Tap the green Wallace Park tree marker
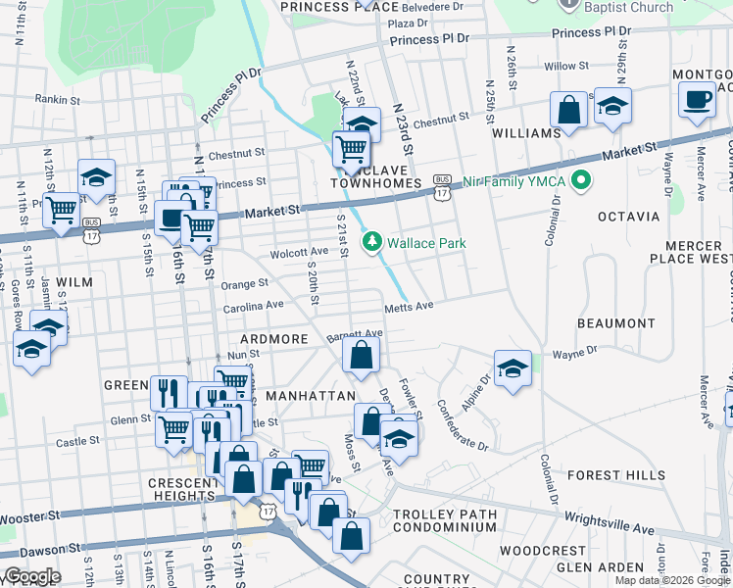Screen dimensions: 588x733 point(372,242)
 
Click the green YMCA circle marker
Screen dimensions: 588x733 point(581,180)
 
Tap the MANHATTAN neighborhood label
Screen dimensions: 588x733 point(310,395)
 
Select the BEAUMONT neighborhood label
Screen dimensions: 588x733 point(616,322)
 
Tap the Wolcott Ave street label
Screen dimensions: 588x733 point(300,251)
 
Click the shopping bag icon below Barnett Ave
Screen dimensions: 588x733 point(361,357)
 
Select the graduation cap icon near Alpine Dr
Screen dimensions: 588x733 point(513,368)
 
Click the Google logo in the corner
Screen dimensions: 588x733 point(32,576)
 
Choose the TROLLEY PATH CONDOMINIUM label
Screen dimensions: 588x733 point(445,520)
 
